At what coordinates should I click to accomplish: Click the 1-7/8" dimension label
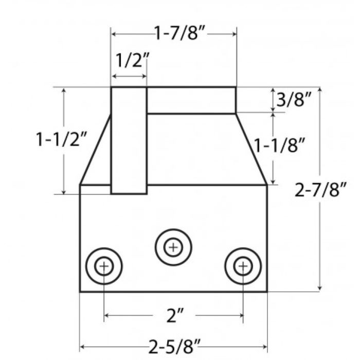pyautogui.click(x=173, y=34)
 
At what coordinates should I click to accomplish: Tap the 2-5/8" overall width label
pyautogui.click(x=173, y=347)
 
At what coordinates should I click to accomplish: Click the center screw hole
pyautogui.click(x=173, y=247)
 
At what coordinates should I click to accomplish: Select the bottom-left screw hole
pyautogui.click(x=104, y=266)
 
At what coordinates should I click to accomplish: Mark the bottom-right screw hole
pyautogui.click(x=242, y=266)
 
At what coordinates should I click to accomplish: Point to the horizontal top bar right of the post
pyautogui.click(x=191, y=100)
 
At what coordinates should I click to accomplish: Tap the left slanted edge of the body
pyautogui.click(x=95, y=150)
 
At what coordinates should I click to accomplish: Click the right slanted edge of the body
pyautogui.click(x=251, y=149)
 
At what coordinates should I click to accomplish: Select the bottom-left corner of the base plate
pyautogui.click(x=80, y=292)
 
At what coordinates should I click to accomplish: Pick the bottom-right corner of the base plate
pyautogui.click(x=266, y=292)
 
